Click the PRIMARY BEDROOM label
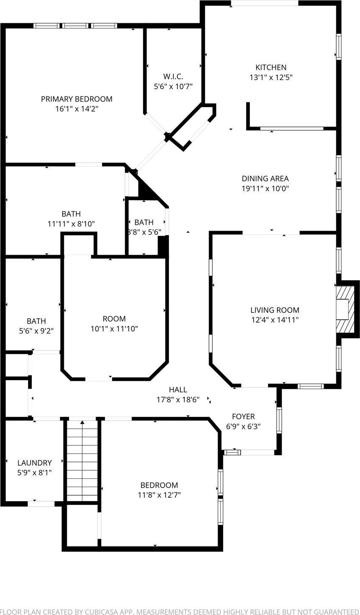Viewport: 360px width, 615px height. pos(77,99)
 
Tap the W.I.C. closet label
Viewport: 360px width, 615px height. pos(173,77)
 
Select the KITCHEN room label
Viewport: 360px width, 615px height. pos(271,67)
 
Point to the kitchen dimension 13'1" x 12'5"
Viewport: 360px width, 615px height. pos(271,77)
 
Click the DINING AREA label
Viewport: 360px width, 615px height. pos(265,179)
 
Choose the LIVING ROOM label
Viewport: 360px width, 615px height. pos(274,310)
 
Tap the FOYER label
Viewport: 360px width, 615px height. pos(243,416)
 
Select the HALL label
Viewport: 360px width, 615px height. pos(178,390)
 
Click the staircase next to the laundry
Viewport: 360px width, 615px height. pos(82,461)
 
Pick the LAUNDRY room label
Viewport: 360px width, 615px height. pos(34,463)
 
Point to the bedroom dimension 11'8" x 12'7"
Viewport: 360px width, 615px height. pos(159,495)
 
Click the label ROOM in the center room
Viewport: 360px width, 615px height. pos(114,319)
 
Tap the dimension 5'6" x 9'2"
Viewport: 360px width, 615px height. pos(36,331)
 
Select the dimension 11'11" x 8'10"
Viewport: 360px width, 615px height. pos(71,224)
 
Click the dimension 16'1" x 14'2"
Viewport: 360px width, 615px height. pos(77,109)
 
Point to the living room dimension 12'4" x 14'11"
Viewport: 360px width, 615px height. pos(274,320)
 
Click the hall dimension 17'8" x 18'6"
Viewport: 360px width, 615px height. pos(178,400)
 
